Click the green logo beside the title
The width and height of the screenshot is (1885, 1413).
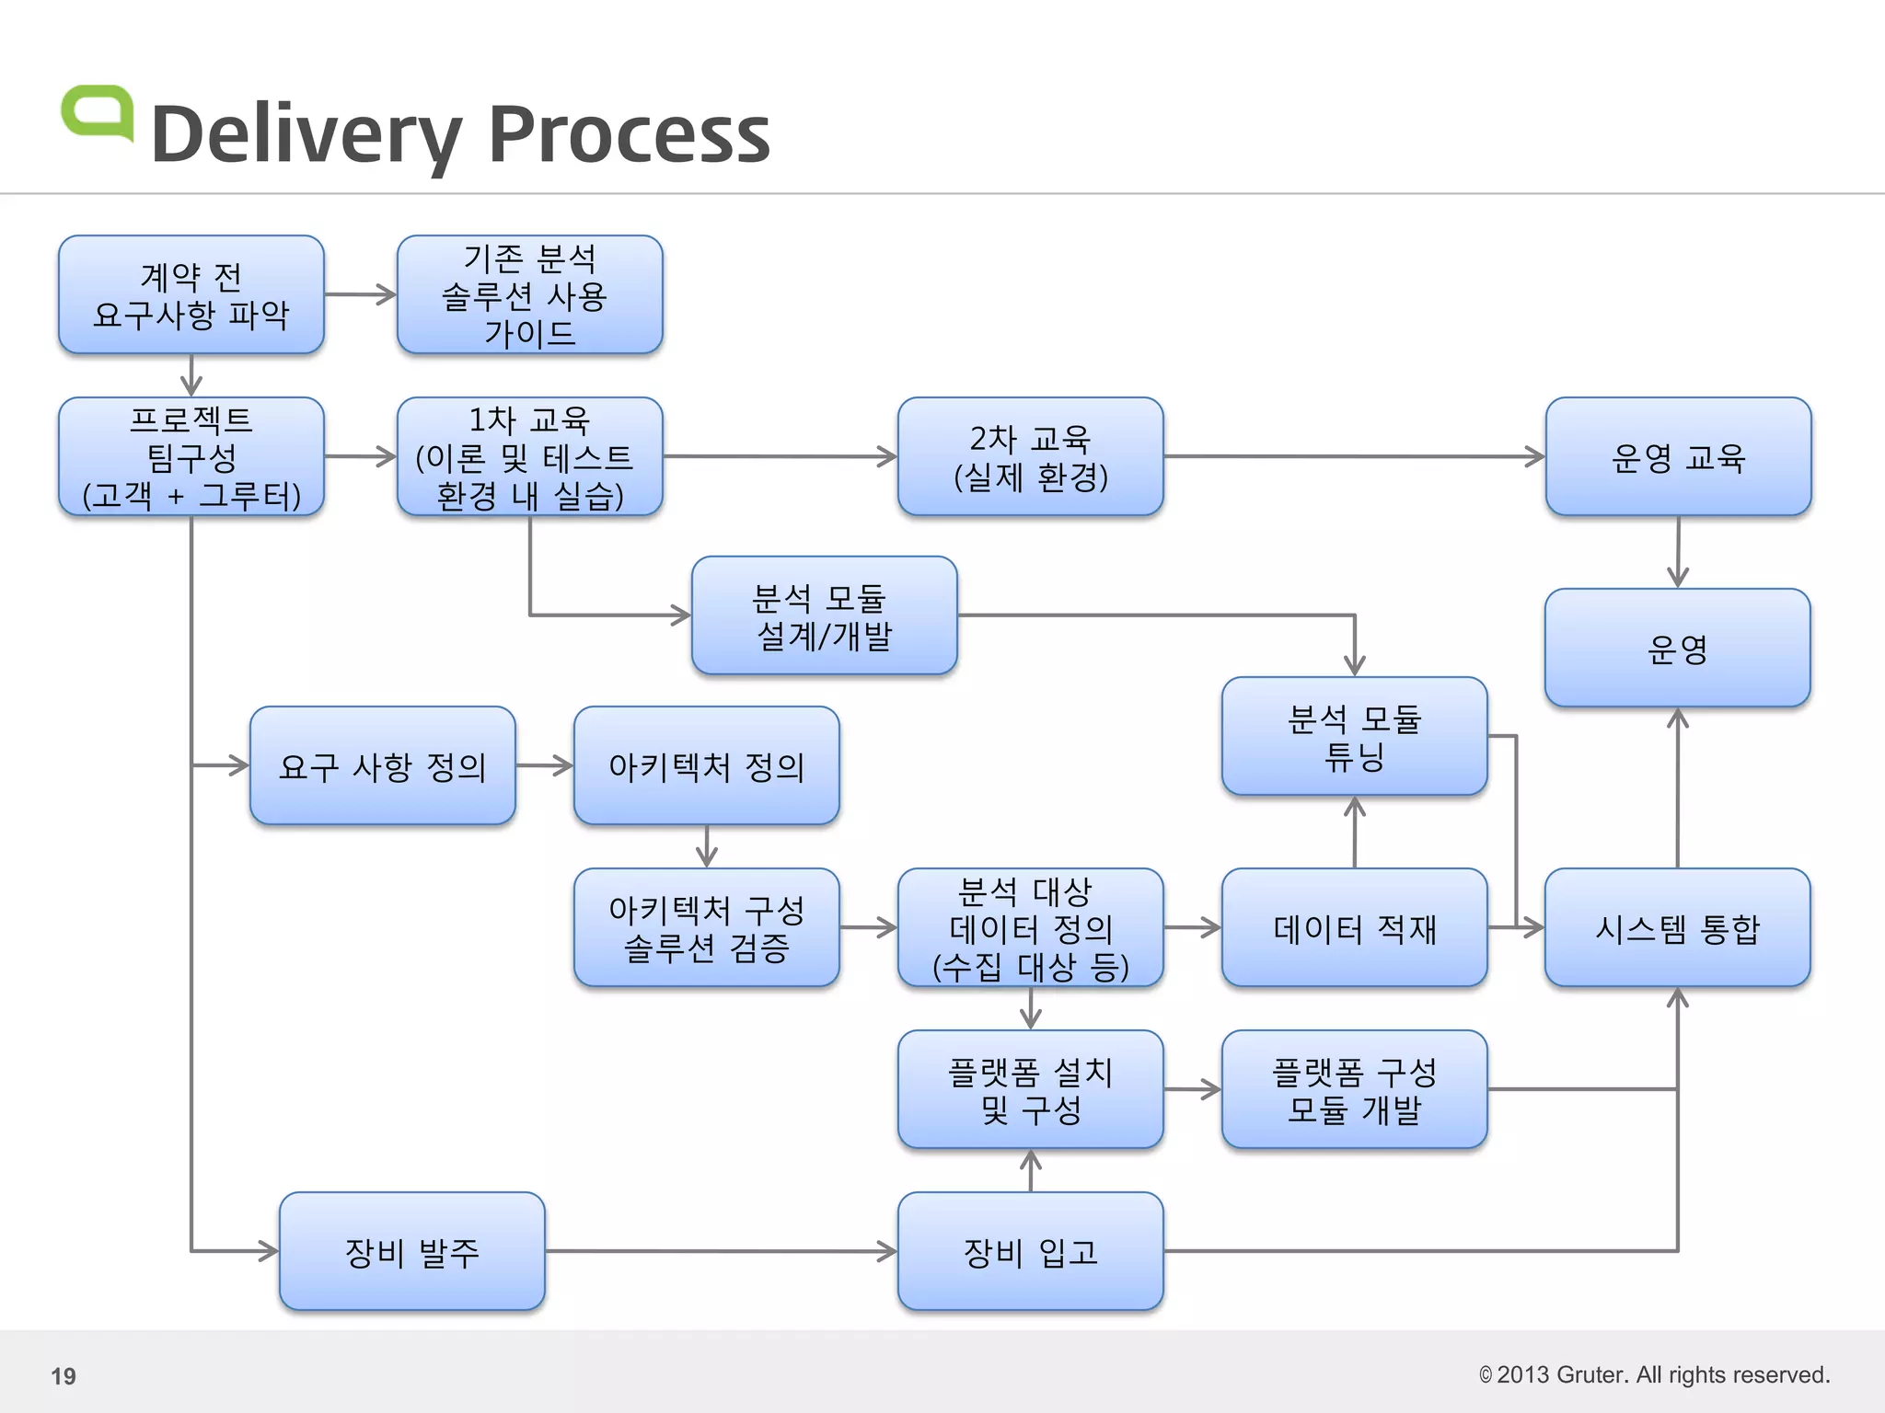pyautogui.click(x=98, y=113)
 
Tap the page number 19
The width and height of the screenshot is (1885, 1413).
pyautogui.click(x=64, y=1376)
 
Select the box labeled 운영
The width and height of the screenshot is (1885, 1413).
pyautogui.click(x=1677, y=649)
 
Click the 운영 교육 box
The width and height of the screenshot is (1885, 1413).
pyautogui.click(x=1678, y=457)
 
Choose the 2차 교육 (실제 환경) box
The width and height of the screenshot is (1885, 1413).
pyautogui.click(x=1030, y=457)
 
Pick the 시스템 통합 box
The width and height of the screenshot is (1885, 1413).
pyautogui.click(x=1677, y=928)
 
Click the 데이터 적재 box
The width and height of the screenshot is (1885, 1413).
pyautogui.click(x=1354, y=928)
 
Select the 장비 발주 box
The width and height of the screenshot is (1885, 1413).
pyautogui.click(x=411, y=1252)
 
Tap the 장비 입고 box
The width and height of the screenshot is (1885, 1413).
pyautogui.click(x=1030, y=1252)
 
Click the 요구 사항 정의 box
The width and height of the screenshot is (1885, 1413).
pyautogui.click(x=382, y=766)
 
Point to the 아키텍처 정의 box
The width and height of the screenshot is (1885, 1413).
pyautogui.click(x=706, y=766)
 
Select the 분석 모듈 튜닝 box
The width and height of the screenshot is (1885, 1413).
pyautogui.click(x=1354, y=737)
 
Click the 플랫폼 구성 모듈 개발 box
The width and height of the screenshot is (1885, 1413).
pyautogui.click(x=1354, y=1090)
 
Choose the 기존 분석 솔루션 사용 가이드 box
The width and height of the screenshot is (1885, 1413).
pyautogui.click(x=529, y=295)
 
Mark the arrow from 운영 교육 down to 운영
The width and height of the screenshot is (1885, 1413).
pyautogui.click(x=1678, y=552)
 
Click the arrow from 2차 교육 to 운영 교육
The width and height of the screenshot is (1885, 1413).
pyautogui.click(x=1354, y=456)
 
